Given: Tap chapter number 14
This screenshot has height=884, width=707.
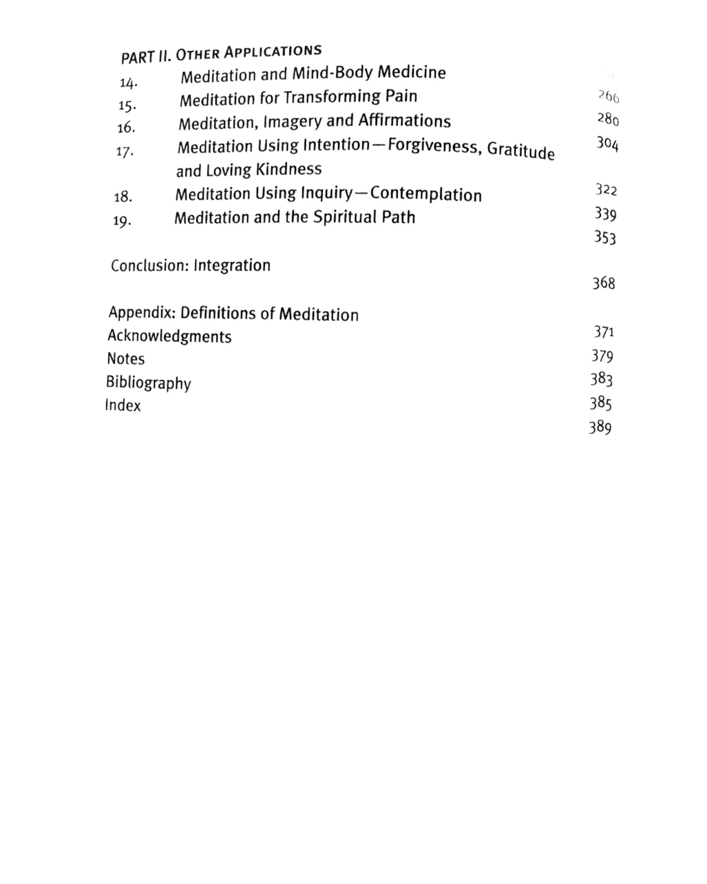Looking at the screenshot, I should [x=128, y=82].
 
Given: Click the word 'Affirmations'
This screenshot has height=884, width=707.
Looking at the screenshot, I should [x=404, y=120].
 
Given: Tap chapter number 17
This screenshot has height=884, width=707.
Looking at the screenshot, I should [x=125, y=152].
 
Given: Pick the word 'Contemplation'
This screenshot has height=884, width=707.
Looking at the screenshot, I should [x=426, y=194].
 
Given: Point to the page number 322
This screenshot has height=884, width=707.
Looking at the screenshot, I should [x=606, y=190].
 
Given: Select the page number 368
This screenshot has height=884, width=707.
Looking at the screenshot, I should [x=604, y=283].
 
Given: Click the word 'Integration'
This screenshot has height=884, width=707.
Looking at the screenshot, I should [x=232, y=265].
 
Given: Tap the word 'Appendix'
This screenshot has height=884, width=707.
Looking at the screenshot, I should [x=142, y=312].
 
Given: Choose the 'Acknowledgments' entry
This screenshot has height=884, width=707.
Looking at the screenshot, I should [x=169, y=336].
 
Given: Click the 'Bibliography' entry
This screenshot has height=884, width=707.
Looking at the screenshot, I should [x=148, y=383].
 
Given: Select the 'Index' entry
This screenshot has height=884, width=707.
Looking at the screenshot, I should [x=123, y=405].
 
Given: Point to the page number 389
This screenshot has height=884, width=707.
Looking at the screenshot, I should [x=600, y=427].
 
